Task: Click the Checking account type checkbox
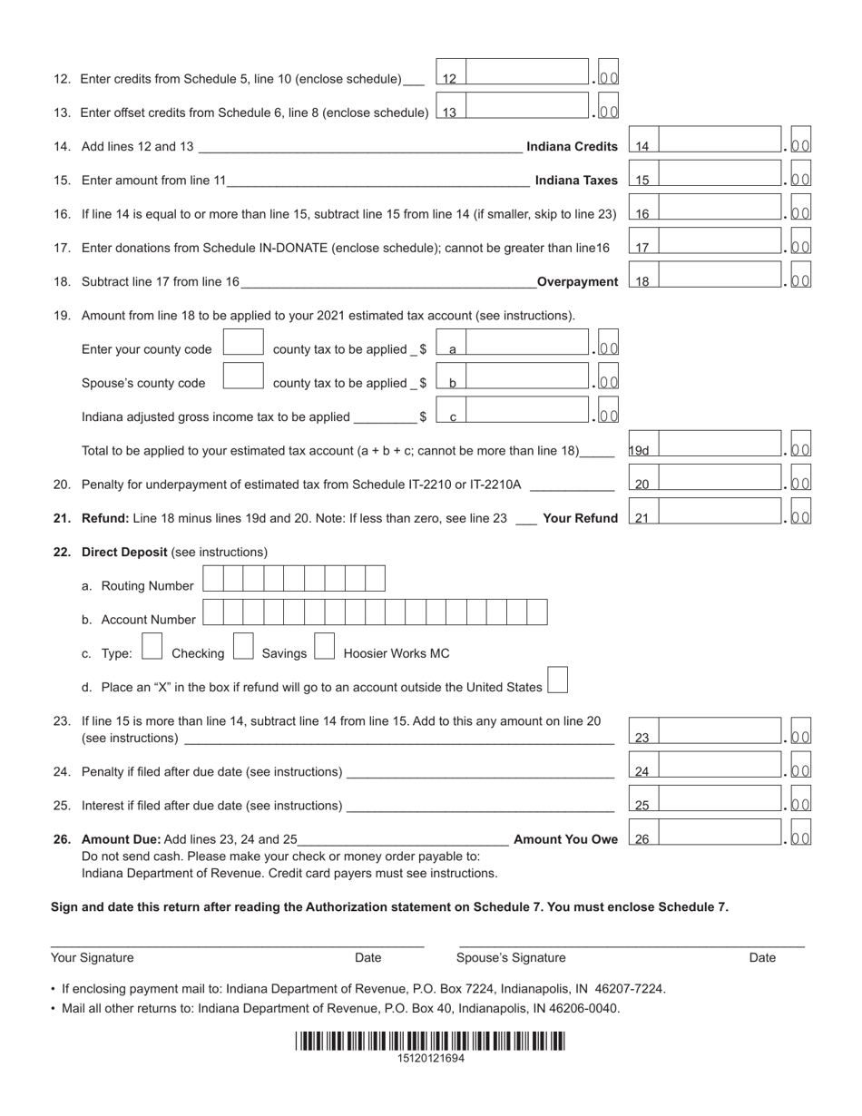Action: [x=153, y=646]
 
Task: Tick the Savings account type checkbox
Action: [x=243, y=646]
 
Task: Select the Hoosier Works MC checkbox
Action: [x=325, y=646]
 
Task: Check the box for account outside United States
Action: [x=558, y=680]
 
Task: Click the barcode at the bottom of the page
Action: [x=430, y=1041]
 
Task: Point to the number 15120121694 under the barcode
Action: [x=430, y=1058]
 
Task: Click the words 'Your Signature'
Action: [x=93, y=957]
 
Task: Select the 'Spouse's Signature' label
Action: [x=511, y=957]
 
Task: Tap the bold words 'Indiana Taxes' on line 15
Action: [x=576, y=181]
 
